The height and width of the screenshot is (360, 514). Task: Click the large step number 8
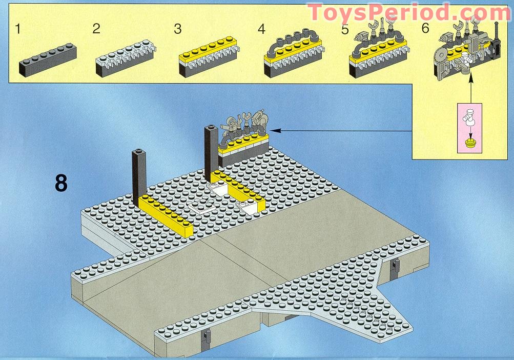point(61,183)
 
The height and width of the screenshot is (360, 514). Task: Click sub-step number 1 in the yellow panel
point(18,29)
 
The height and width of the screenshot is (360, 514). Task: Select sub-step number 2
point(96,29)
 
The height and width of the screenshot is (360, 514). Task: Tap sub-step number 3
point(178,29)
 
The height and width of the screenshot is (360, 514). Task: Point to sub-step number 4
point(261,29)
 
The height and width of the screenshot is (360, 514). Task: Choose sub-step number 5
point(345,29)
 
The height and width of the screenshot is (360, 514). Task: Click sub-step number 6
point(425,28)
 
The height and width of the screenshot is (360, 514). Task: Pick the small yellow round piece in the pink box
point(470,143)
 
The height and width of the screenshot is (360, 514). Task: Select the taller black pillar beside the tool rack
point(210,149)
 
